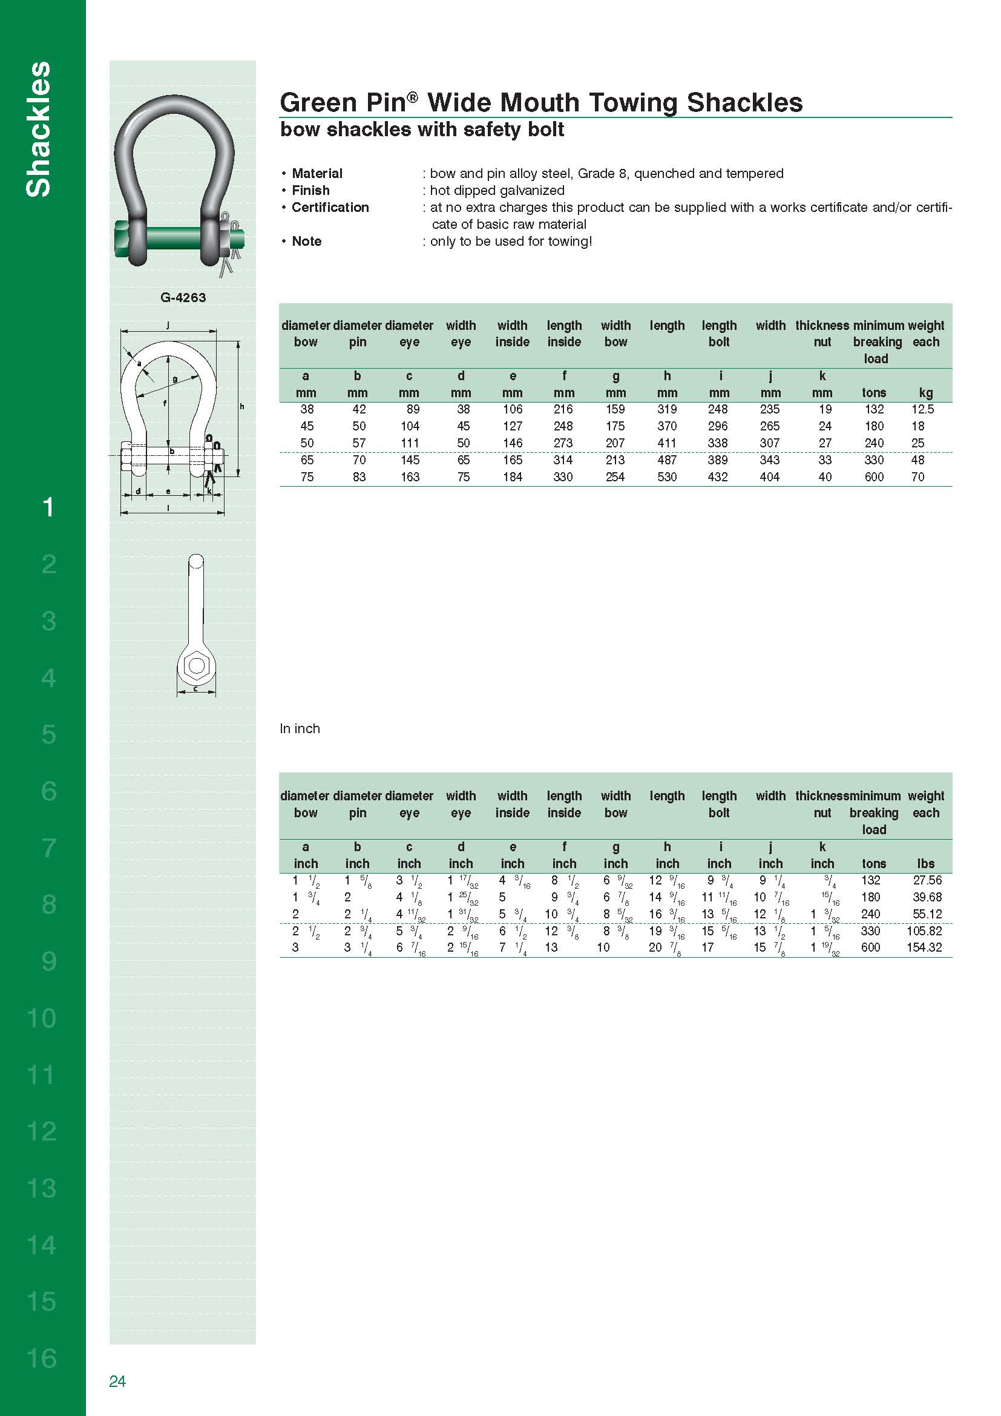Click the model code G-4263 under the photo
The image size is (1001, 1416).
pos(182,298)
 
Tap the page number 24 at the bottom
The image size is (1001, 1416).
pos(117,1381)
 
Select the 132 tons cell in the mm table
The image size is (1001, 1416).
pos(873,409)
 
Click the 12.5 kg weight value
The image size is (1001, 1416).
pos(922,409)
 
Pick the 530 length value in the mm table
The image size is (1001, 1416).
pos(666,477)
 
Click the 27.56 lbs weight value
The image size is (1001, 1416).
pos(927,880)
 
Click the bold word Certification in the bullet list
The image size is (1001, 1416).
pos(330,208)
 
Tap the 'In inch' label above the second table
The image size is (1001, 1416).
pos(300,728)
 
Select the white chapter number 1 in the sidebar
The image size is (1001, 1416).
pos(48,507)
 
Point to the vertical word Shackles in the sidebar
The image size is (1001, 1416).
pos(38,130)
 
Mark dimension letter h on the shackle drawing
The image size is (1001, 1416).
pos(241,406)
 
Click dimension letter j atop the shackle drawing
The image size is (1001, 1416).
pos(168,325)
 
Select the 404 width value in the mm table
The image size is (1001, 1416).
pos(769,477)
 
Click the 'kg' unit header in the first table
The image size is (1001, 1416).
pos(925,393)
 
